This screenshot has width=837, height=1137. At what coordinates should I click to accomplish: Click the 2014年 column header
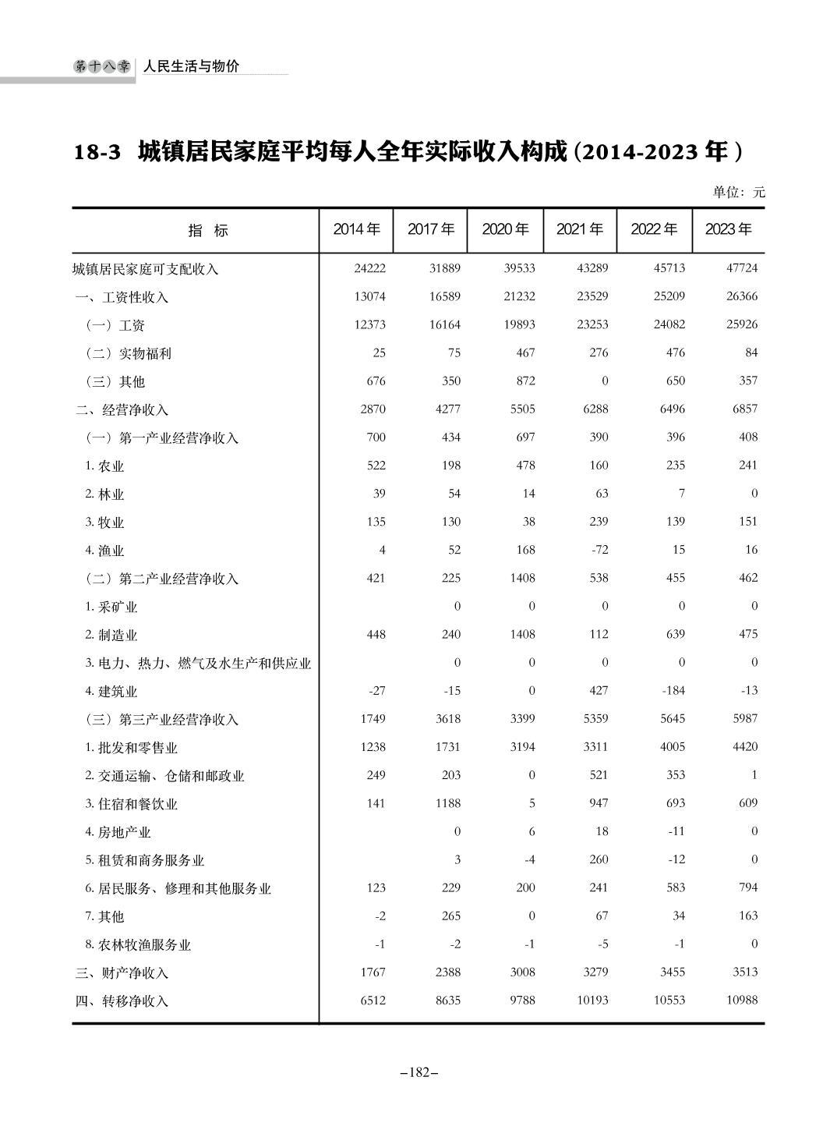tap(356, 229)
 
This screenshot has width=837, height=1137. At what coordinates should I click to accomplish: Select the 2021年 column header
tap(579, 229)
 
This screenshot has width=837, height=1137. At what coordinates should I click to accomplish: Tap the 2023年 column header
tap(728, 229)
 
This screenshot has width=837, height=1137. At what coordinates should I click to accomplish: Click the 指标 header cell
tap(208, 231)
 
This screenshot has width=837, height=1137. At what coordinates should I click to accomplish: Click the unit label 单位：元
tap(739, 192)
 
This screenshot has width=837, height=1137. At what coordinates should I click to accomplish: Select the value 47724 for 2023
tap(741, 268)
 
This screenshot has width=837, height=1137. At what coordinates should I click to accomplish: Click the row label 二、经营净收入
tap(122, 409)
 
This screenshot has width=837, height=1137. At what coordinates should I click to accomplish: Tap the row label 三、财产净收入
tap(122, 972)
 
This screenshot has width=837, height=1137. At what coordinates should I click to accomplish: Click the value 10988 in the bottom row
tap(741, 1000)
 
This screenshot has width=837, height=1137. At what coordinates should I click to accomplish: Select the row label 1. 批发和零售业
tap(131, 748)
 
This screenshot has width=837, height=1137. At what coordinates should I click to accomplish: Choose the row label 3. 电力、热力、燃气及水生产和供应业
tap(198, 664)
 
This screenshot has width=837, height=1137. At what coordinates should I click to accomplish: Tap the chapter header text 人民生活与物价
tap(191, 67)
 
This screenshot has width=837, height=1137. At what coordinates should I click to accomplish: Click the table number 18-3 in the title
tap(97, 151)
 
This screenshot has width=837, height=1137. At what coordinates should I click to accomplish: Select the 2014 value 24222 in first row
tap(369, 268)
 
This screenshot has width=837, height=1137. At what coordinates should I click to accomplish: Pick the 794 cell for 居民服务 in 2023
tap(747, 887)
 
